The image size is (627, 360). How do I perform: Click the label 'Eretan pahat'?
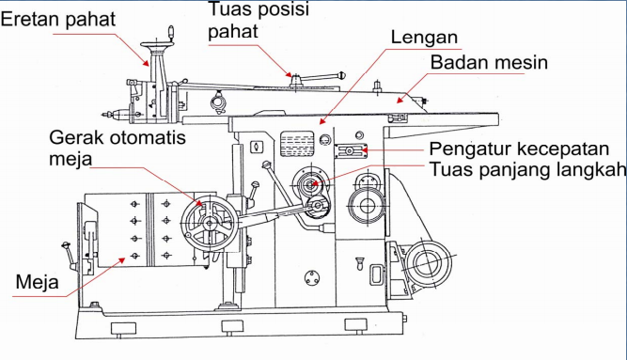(58, 19)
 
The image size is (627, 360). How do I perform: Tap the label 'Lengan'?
(424, 38)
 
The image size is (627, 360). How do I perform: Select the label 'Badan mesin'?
(489, 62)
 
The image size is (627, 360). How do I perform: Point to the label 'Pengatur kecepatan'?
(519, 149)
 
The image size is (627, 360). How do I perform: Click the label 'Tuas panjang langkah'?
(528, 169)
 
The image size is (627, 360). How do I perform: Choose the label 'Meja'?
(38, 282)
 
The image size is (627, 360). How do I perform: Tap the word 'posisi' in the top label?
(284, 9)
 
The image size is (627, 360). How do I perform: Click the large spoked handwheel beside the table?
(209, 223)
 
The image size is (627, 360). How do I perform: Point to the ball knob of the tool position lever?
(341, 75)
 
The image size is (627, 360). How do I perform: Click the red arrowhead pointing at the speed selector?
(364, 150)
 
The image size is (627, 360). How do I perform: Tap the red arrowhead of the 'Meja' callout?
(121, 260)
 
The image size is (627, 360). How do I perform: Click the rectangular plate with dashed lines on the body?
(297, 144)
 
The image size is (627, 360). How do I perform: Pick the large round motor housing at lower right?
(427, 263)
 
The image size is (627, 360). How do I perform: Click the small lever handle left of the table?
(68, 255)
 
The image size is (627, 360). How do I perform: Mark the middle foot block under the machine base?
(232, 327)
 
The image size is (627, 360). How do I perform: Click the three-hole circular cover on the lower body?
(311, 278)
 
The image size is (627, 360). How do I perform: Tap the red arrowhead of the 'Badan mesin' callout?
(400, 100)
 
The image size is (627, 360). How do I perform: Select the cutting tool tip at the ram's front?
(104, 115)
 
